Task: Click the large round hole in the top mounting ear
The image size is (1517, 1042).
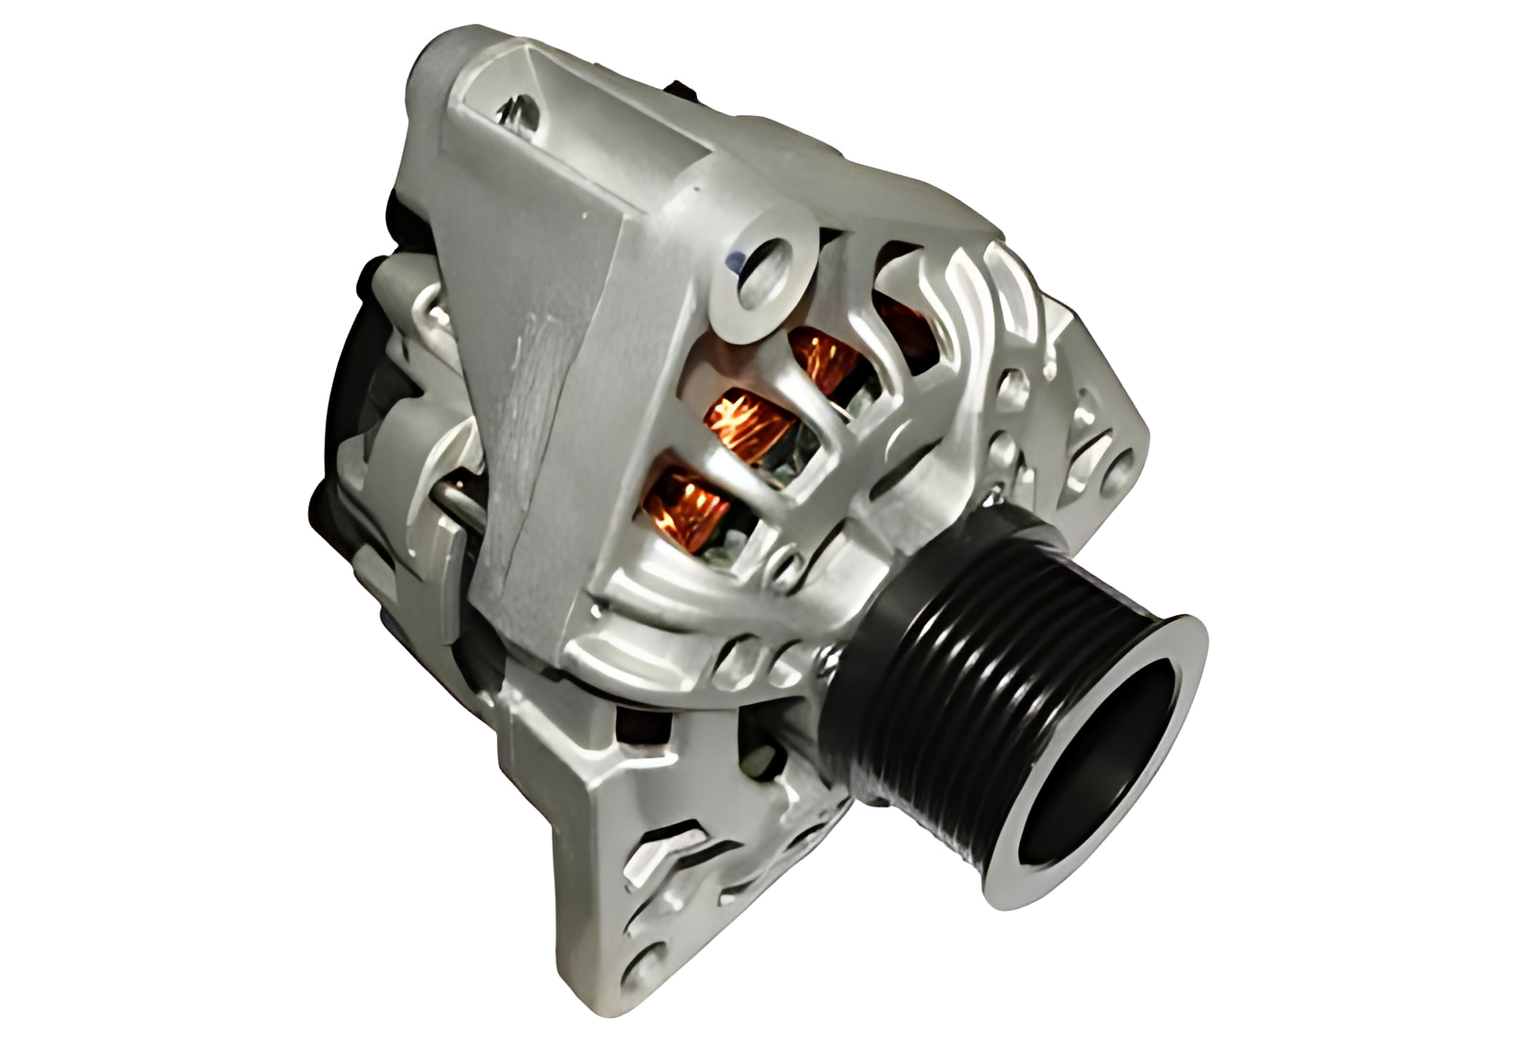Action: click(x=766, y=262)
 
